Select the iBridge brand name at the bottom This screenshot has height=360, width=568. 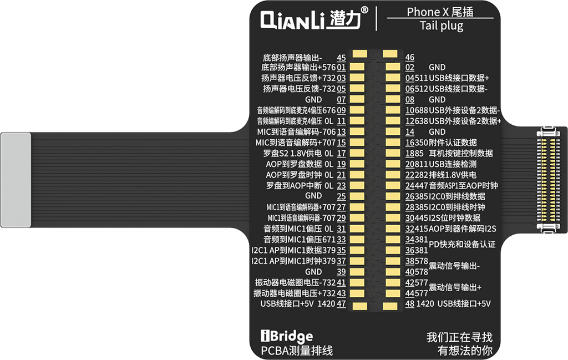pyautogui.click(x=286, y=336)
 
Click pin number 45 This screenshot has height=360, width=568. pyautogui.click(x=341, y=57)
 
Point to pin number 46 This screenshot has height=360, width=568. pyautogui.click(x=410, y=57)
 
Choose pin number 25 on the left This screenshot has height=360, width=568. pyautogui.click(x=341, y=196)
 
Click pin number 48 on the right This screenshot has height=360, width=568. pyautogui.click(x=410, y=304)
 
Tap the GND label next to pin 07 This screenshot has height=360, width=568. pyautogui.click(x=313, y=99)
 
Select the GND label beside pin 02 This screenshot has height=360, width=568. pyautogui.click(x=437, y=67)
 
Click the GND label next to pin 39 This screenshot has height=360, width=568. pyautogui.click(x=313, y=272)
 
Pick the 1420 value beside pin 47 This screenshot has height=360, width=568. pyautogui.click(x=327, y=304)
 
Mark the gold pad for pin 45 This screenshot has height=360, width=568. pyautogui.click(x=360, y=54)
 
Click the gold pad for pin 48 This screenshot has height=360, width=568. pyautogui.click(x=391, y=306)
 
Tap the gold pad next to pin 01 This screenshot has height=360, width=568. pyautogui.click(x=358, y=67)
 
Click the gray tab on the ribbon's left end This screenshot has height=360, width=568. pyautogui.click(x=16, y=179)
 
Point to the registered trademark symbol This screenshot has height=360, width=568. pyautogui.click(x=364, y=9)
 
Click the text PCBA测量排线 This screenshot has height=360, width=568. pyautogui.click(x=297, y=350)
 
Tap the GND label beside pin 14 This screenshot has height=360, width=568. pyautogui.click(x=437, y=132)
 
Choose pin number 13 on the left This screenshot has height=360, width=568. pyautogui.click(x=341, y=132)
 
